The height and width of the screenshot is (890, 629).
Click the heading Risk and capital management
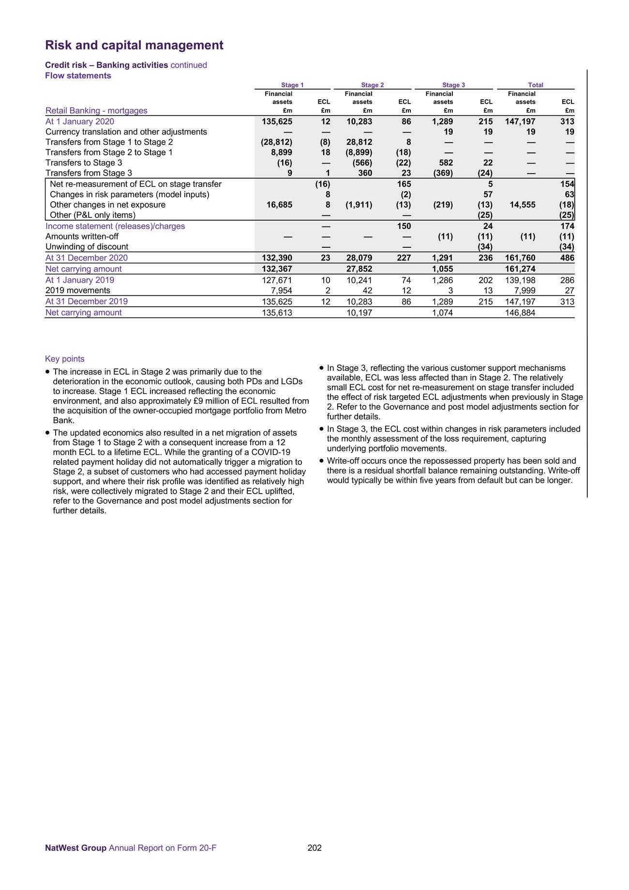pyautogui.click(x=134, y=45)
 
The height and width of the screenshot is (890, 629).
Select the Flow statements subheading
pyautogui.click(x=78, y=75)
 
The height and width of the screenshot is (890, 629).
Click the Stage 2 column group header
pyautogui.click(x=372, y=85)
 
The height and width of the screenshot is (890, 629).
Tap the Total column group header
pyautogui.click(x=535, y=85)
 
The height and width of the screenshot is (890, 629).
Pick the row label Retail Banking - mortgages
pyautogui.click(x=96, y=111)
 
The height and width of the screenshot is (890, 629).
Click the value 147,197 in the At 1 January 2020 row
pyautogui.click(x=520, y=121)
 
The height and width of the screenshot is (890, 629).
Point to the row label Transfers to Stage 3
pyautogui.click(x=84, y=163)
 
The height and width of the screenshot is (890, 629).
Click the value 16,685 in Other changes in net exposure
pyautogui.click(x=279, y=205)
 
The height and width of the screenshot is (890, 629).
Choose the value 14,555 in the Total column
pyautogui.click(x=523, y=205)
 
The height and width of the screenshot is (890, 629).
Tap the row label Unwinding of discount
pyautogui.click(x=87, y=247)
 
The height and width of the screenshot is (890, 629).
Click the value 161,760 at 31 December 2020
pyautogui.click(x=520, y=258)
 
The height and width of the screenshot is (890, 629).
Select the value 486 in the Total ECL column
pyautogui.click(x=567, y=258)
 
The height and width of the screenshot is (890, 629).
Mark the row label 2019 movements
pyautogui.click(x=77, y=290)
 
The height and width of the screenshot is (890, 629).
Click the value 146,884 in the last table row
pyautogui.click(x=520, y=313)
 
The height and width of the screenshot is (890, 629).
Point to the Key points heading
pyautogui.click(x=64, y=359)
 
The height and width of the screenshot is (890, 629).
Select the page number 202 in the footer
pyautogui.click(x=314, y=848)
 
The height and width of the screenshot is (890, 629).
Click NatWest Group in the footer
pyautogui.click(x=75, y=848)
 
